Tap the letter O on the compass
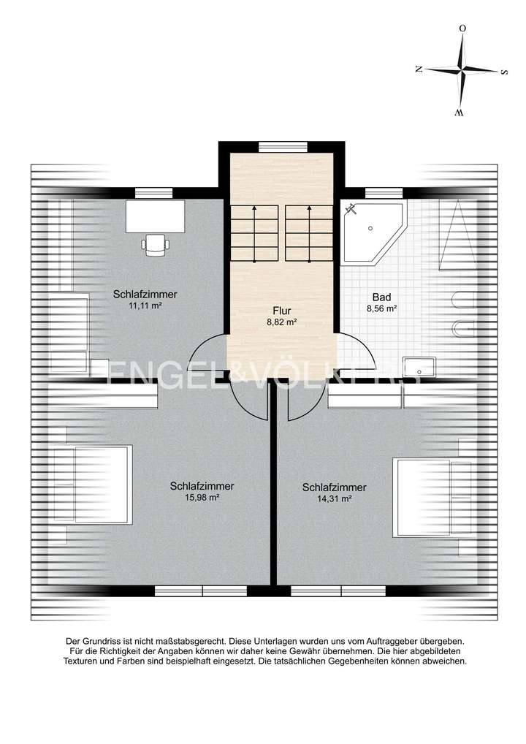pos(462,29)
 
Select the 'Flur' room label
pos(282,310)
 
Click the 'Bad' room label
pos(381,297)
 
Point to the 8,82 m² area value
pos(282,322)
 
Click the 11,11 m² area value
pos(145,306)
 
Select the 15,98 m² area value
pos(202,497)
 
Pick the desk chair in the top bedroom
pos(155,244)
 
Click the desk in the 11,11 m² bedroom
pos(155,216)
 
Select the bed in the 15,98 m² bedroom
pos(93,484)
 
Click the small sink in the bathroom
pos(419,366)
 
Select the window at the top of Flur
pos(282,146)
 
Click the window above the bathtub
pos(384,193)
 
